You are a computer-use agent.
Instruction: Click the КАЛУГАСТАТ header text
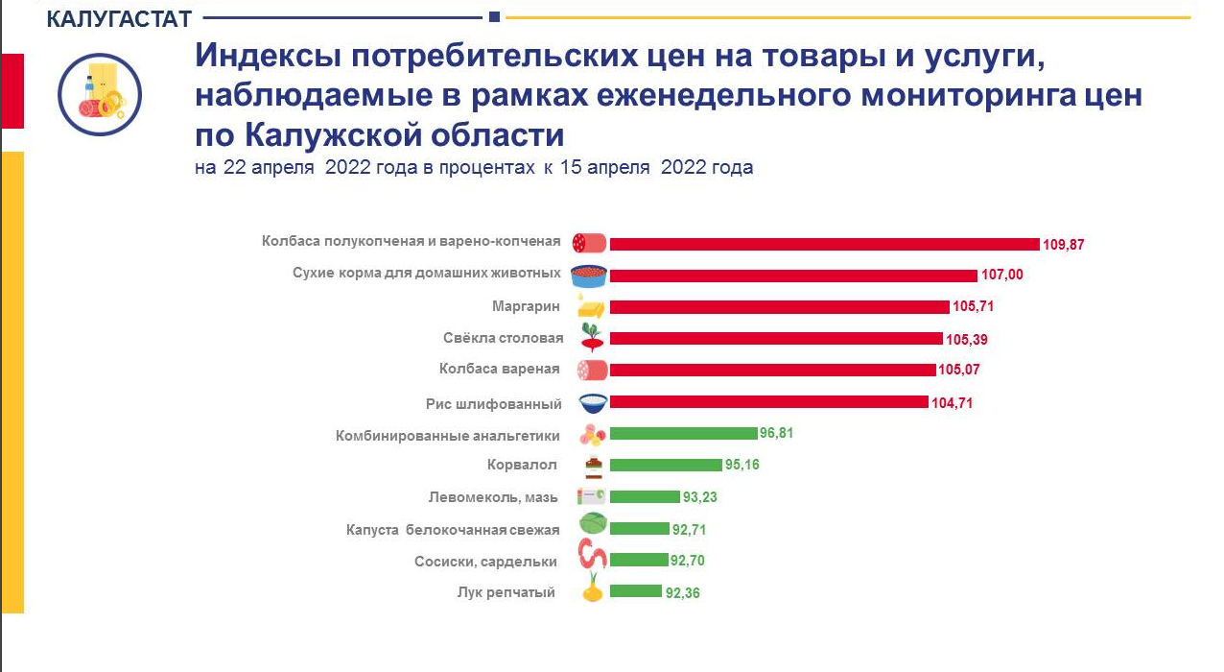[x=119, y=18]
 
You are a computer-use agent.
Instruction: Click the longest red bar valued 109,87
[x=824, y=244]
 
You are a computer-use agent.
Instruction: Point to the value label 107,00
[x=1002, y=276]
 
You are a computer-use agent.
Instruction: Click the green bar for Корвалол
[x=666, y=465]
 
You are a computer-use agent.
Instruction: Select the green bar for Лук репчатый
[x=635, y=591]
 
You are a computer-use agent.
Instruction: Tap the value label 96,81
[x=777, y=434]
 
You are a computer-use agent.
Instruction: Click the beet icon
[x=591, y=337]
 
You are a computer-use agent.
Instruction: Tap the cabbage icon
[x=592, y=524]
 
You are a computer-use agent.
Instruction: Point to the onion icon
[x=593, y=588]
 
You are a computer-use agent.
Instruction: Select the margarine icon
[x=591, y=307]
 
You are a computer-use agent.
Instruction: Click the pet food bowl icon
[x=589, y=276]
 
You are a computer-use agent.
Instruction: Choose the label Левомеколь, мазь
[x=493, y=497]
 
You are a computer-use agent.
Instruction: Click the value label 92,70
[x=689, y=561]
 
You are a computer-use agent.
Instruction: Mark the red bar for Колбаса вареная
[x=772, y=370]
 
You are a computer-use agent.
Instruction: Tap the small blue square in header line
[x=494, y=16]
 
